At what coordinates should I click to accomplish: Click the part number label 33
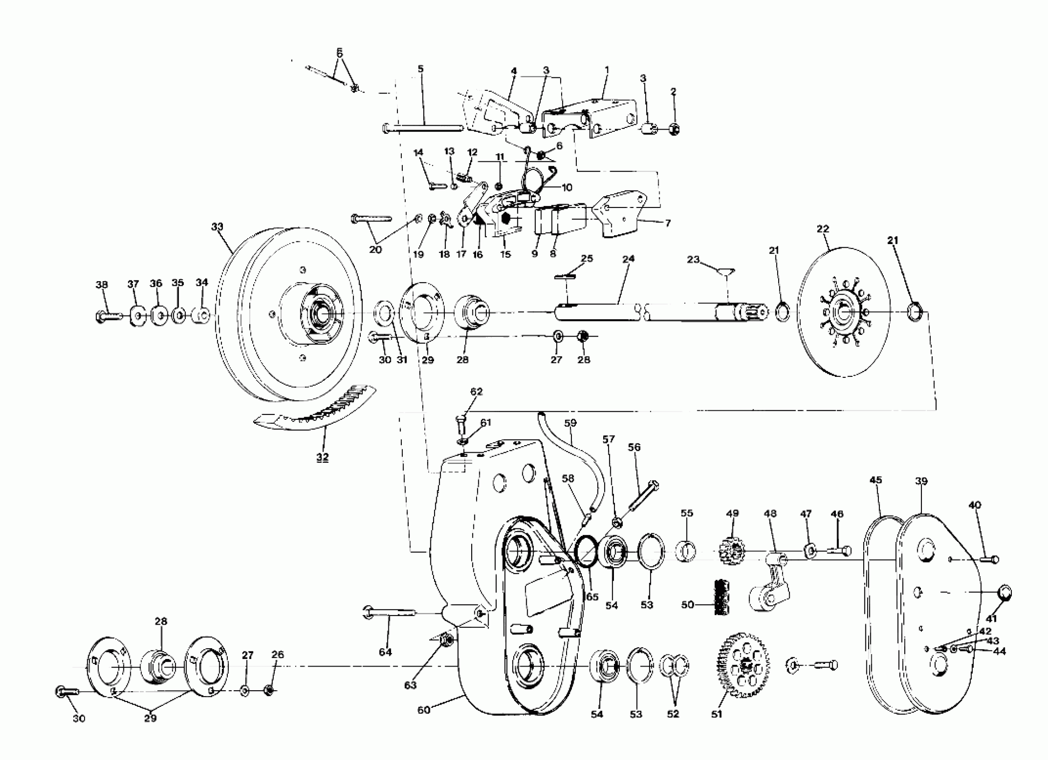tap(217, 227)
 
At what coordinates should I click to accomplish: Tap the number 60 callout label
tap(423, 710)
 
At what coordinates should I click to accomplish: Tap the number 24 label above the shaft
tap(628, 258)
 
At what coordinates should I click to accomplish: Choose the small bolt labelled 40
tap(988, 560)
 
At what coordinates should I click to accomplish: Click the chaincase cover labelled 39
tap(938, 614)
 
